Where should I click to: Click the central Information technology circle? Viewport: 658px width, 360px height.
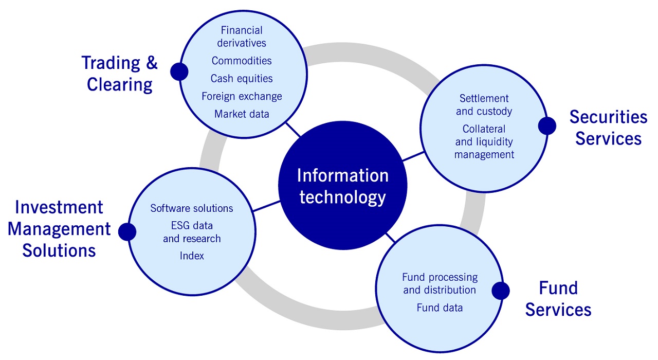(342, 186)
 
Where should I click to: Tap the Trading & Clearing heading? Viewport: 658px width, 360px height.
(120, 74)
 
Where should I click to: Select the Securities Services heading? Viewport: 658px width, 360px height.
(608, 128)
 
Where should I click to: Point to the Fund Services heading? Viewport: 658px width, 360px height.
(558, 299)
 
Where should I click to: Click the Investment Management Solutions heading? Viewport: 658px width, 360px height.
(59, 229)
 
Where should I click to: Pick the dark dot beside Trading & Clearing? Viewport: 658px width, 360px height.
(179, 71)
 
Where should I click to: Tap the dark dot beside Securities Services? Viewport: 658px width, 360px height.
(547, 125)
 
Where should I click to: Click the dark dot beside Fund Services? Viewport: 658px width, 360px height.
(500, 291)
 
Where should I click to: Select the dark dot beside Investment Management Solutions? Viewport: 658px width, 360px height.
(127, 231)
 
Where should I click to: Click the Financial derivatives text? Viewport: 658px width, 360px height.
(242, 37)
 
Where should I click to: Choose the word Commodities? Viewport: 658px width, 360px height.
(242, 61)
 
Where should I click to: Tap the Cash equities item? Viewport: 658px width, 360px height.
(242, 79)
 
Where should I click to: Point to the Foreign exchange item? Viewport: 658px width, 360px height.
(242, 96)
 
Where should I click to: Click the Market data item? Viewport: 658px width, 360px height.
(242, 114)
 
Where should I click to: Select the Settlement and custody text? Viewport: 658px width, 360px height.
(484, 104)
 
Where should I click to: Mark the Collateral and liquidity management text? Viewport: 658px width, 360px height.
(484, 141)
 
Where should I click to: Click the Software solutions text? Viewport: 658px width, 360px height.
(192, 208)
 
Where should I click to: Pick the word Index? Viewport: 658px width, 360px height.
(192, 256)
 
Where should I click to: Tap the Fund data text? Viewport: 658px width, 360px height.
(440, 308)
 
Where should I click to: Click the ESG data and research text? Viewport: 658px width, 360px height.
(192, 232)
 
